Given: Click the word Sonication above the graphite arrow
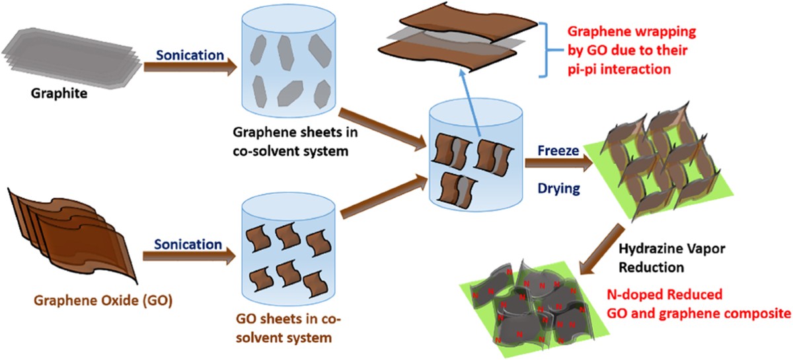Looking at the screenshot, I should click(190, 55).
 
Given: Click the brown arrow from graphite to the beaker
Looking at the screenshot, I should click(190, 68).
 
